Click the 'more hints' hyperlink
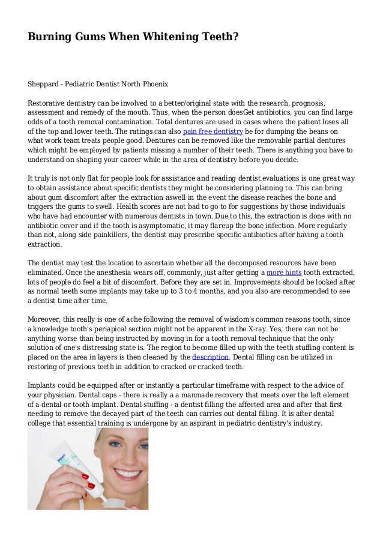(284, 272)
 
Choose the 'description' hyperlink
(210, 357)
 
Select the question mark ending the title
(235, 37)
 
